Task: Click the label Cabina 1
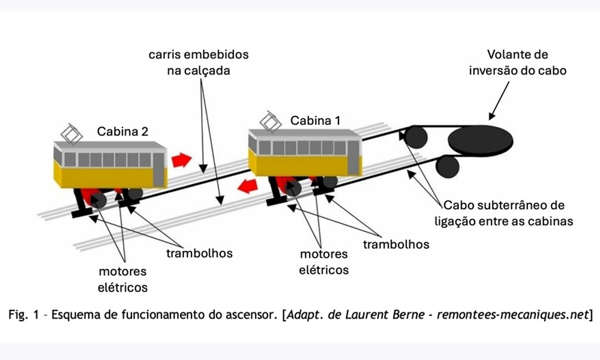[x=315, y=121]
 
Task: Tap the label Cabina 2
[x=122, y=131]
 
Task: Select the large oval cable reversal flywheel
[x=481, y=140]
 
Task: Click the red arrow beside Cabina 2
[x=181, y=160]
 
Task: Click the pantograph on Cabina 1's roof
[x=271, y=122]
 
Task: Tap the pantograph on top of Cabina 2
[x=71, y=134]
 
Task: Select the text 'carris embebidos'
[x=199, y=55]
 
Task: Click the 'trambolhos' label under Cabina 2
[x=199, y=253]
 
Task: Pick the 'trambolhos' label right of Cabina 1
[x=396, y=244]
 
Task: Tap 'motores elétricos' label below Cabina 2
[x=122, y=279]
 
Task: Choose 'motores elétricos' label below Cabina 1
[x=324, y=262]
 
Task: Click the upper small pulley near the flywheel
[x=416, y=137]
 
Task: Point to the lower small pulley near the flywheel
[x=448, y=166]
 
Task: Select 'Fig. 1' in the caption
[x=23, y=314]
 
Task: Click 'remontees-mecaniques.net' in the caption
[x=512, y=314]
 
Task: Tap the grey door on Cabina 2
[x=158, y=169]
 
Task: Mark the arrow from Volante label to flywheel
[x=499, y=100]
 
